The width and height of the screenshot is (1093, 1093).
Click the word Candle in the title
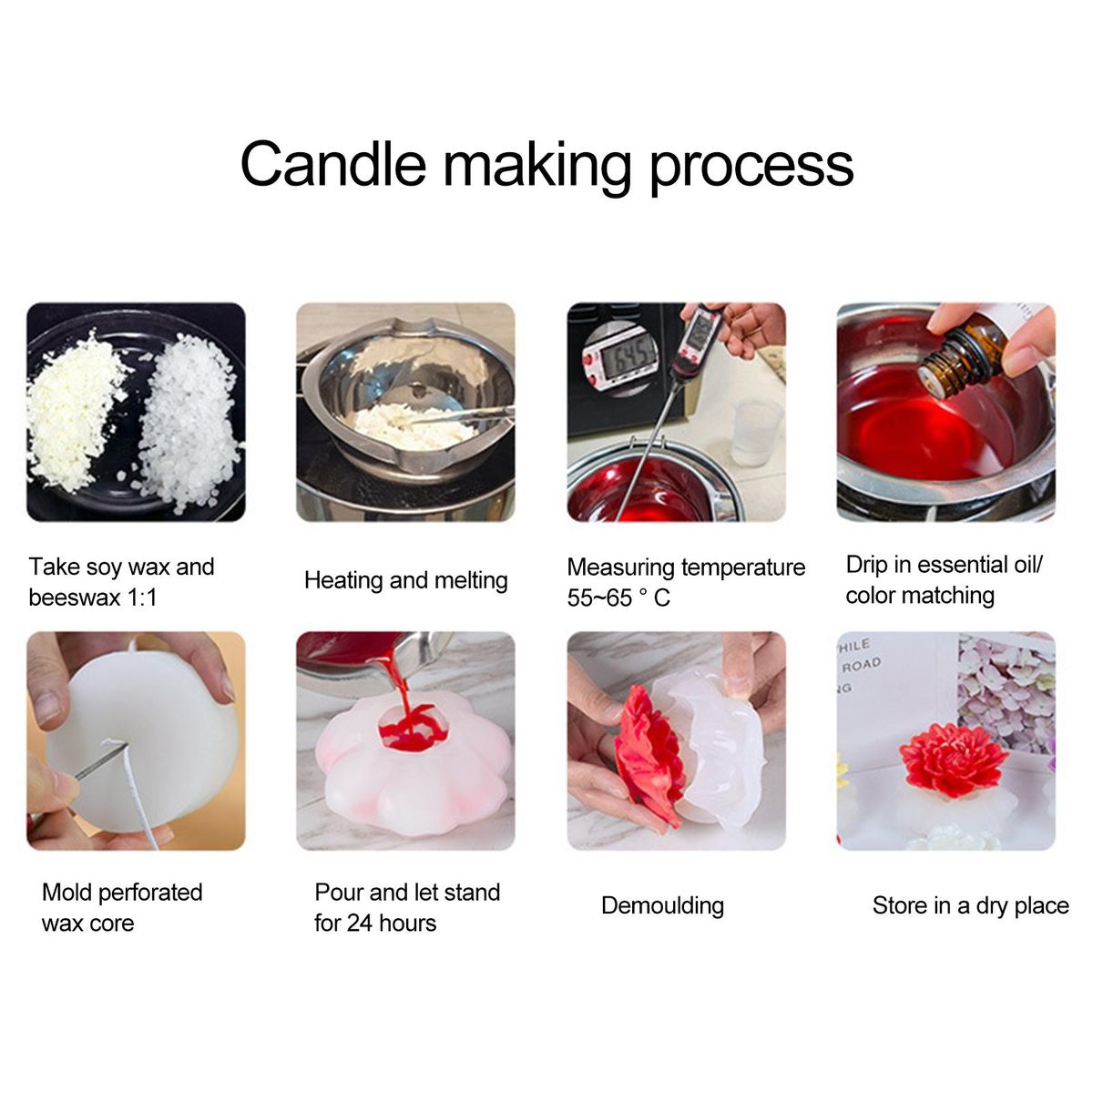coord(333,163)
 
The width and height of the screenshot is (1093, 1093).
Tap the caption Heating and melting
coord(405,581)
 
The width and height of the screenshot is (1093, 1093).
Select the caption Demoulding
coord(662,906)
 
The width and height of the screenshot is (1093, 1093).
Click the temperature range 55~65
coord(599,598)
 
